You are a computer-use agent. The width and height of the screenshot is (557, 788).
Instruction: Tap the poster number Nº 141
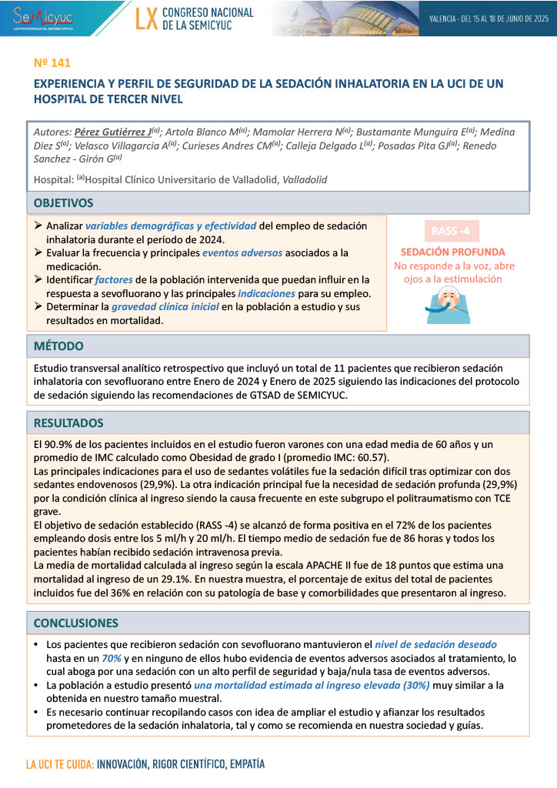(53, 62)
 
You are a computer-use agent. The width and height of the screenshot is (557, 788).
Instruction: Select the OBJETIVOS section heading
(63, 203)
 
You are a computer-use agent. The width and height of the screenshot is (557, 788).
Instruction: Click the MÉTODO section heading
(58, 346)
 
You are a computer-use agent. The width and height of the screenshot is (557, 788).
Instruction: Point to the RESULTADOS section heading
(69, 422)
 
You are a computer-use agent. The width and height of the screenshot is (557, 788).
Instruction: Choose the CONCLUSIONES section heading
(75, 623)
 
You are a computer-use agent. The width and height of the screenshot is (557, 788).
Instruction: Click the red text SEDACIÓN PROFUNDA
(452, 252)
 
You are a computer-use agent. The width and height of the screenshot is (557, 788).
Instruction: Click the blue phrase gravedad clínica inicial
(165, 307)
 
